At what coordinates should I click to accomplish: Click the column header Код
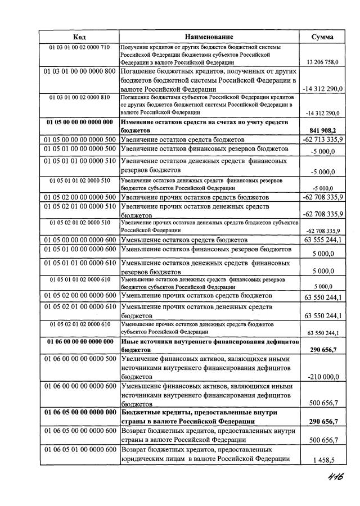pos(79,37)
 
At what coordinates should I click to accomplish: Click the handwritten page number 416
pos(332,476)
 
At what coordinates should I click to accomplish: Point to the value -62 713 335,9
pos(322,139)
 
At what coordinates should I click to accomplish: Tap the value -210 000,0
pos(322,376)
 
